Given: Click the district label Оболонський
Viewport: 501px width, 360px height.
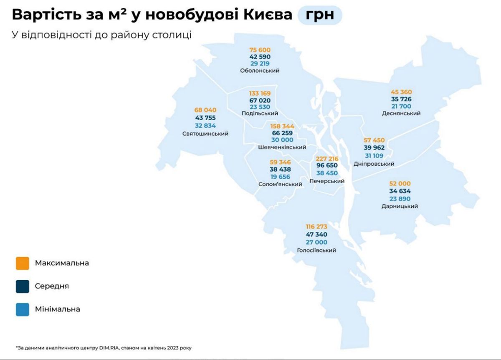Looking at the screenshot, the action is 260,71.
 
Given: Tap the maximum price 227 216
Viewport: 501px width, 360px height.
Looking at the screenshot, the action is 327,159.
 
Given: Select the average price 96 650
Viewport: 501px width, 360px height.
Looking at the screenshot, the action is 327,165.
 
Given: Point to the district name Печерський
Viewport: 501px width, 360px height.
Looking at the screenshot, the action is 327,181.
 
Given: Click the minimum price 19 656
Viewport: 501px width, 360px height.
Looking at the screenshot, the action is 280,177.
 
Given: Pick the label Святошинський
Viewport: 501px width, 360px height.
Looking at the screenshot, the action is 205,134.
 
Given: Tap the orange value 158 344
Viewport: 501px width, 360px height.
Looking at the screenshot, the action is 282,126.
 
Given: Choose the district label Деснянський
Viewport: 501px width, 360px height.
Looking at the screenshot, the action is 401,114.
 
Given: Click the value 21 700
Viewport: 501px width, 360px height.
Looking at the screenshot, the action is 401,106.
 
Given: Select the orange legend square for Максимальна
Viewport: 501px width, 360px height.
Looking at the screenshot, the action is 23,264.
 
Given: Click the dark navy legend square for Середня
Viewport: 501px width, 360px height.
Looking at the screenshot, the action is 23,286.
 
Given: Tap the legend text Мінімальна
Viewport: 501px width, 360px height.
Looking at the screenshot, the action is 58,309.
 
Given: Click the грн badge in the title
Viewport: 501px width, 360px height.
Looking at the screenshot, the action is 320,15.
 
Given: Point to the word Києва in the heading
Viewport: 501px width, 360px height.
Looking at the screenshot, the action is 268,15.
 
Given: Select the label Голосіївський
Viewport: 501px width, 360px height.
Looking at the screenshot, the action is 316,250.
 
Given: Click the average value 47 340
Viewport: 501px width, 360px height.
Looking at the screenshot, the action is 316,234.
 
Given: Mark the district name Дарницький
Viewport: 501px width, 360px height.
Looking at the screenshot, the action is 400,206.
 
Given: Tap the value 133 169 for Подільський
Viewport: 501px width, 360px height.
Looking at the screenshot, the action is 260,93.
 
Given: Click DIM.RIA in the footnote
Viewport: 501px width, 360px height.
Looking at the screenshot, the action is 109,348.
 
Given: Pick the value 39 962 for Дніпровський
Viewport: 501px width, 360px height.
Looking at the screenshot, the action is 374,148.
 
